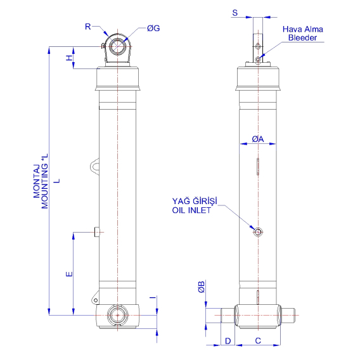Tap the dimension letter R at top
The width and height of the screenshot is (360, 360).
pos(87,26)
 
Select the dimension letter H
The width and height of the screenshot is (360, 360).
pos(69,58)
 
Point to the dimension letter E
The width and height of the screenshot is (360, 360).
pos(69,274)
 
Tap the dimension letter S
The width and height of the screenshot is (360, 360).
pos(235,12)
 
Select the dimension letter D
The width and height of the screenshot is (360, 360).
pos(228,341)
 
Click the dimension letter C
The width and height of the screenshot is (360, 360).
pos(258,341)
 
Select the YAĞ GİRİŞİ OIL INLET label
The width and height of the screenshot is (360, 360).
pos(195,206)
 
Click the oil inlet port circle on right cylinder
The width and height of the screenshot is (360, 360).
pos(257,231)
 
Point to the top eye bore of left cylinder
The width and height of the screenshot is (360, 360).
pos(118,46)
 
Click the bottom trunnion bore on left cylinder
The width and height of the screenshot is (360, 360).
pos(117,315)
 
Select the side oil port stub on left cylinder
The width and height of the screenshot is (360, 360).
pos(96,232)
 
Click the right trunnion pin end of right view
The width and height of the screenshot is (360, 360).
pos(290,313)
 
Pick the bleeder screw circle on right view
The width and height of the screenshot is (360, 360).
pos(257,60)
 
